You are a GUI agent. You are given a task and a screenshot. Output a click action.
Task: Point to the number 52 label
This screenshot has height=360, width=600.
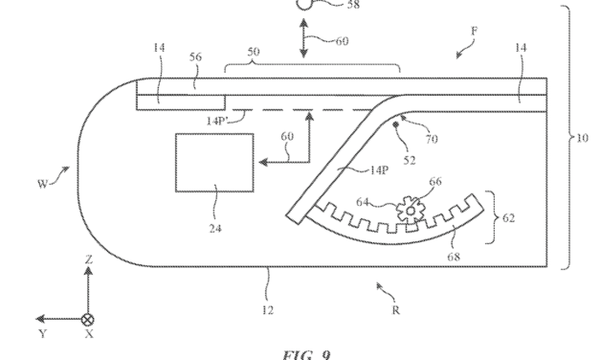411,160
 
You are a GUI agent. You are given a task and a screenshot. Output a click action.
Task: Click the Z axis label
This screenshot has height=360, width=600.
88,259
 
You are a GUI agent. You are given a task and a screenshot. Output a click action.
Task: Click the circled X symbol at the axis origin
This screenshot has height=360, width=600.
88,319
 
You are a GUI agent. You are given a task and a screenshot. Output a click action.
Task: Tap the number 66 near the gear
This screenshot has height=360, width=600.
435,179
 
